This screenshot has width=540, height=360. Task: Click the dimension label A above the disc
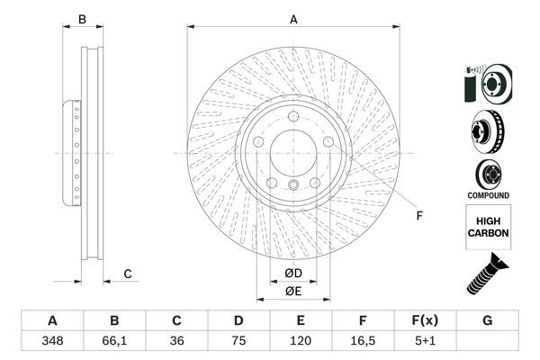click(x=293, y=18)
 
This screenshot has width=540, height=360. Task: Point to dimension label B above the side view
click(x=81, y=19)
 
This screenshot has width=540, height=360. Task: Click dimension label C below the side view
click(x=128, y=274)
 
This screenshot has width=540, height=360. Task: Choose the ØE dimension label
click(x=292, y=290)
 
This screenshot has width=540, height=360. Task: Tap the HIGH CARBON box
click(x=489, y=226)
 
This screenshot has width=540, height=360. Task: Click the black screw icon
click(x=487, y=273)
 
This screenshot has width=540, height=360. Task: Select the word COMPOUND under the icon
click(x=489, y=195)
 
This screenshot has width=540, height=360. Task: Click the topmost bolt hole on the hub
click(x=292, y=114)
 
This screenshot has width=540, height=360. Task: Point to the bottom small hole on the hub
click(x=292, y=185)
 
